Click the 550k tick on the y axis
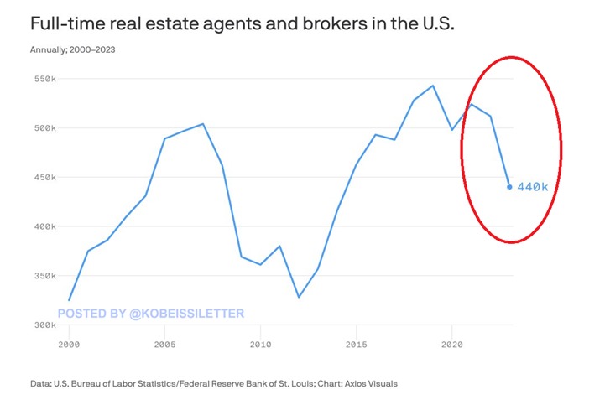coord(44,79)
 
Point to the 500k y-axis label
coord(44,128)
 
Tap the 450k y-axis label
coord(44,178)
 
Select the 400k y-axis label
coord(44,226)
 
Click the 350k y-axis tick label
coord(44,276)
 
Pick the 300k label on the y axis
coord(44,325)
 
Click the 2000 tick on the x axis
coord(69,344)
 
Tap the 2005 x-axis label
coord(164,344)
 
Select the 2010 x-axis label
coord(260,344)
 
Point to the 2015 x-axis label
coord(357,344)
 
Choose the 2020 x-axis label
coord(452,344)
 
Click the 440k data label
coord(533,187)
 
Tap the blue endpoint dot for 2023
coord(509,187)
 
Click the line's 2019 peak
coord(433,86)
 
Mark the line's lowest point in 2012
coord(299,297)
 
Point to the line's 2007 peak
coord(203,124)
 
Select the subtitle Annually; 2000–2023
coord(72,49)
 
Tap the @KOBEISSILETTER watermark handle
coord(188,314)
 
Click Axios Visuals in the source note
coord(362,383)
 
